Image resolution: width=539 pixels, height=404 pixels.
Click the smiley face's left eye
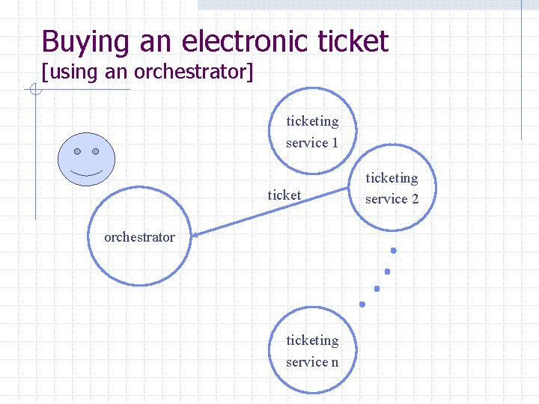point(78,150)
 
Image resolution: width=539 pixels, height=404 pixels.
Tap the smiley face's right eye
point(96,150)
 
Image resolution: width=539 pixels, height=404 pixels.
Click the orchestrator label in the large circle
point(139,237)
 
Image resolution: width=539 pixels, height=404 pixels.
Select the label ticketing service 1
point(312,132)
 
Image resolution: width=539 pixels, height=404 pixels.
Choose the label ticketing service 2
point(392,188)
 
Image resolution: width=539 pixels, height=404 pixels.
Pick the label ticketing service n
point(312,351)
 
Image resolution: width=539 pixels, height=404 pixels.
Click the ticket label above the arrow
point(284,195)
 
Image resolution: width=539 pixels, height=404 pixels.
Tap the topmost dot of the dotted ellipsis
point(393,250)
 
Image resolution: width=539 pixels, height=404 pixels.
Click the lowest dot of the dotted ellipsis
point(362,304)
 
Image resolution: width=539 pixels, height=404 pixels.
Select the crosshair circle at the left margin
point(34,91)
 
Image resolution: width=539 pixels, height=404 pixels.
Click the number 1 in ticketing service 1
point(335,143)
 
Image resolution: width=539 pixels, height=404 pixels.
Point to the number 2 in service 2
point(415,199)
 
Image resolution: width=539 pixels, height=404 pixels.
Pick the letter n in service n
point(335,362)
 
